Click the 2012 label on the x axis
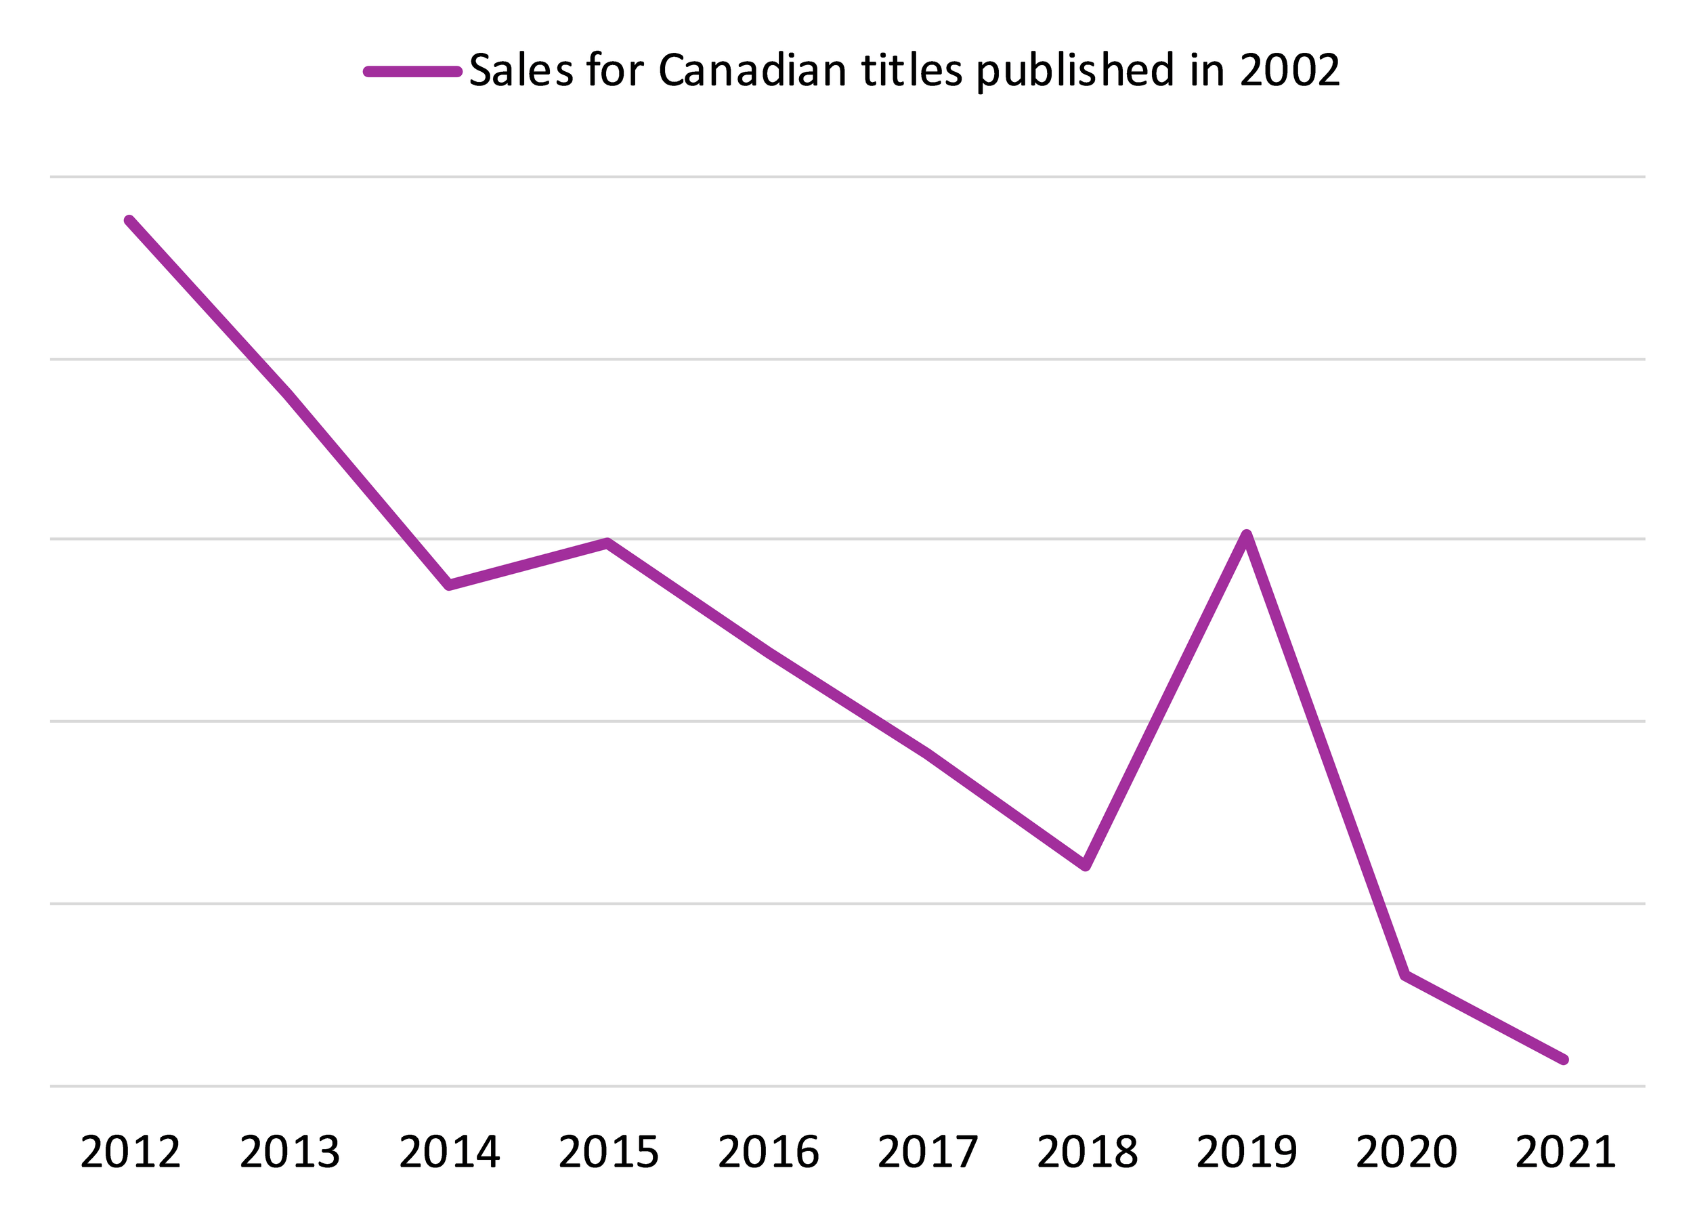130,1152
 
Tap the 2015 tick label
609,1152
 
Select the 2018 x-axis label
1087,1152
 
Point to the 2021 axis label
1565,1152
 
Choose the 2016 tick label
768,1152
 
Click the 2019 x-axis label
1246,1152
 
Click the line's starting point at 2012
129,222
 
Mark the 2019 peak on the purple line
1246,535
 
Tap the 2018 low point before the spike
1086,866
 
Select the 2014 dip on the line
448,585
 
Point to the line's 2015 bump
607,543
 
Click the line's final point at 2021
1564,1060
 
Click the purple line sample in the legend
412,72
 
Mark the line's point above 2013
289,396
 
